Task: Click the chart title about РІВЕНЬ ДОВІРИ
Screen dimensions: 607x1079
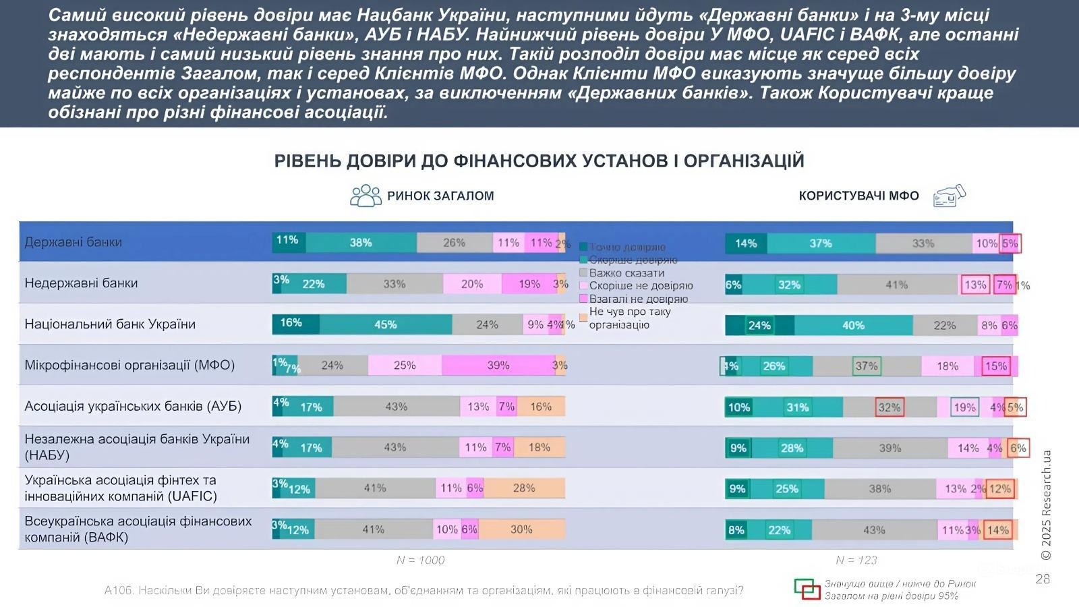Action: point(539,161)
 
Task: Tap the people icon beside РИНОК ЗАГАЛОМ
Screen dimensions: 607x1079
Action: point(366,196)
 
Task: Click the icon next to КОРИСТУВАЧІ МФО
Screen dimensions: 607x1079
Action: point(949,196)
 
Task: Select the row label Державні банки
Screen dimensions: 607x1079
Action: point(74,242)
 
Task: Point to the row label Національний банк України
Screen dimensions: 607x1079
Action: point(110,324)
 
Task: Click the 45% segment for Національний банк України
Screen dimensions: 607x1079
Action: point(385,324)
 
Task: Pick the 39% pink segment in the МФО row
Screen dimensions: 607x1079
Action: point(498,366)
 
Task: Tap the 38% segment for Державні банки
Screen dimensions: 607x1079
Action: point(361,243)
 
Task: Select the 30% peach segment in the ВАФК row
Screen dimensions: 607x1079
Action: point(521,529)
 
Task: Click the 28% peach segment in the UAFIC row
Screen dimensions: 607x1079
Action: point(524,488)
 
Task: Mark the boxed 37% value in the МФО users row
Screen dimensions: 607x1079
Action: point(866,366)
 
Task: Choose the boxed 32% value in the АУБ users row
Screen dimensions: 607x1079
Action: point(890,407)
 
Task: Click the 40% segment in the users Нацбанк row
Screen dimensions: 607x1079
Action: point(853,326)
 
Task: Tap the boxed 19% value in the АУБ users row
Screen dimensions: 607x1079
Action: point(964,407)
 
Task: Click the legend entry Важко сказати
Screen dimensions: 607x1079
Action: point(626,273)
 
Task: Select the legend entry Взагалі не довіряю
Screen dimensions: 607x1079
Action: point(638,299)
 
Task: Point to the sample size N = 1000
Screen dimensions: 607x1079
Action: point(420,560)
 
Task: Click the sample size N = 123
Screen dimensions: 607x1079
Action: point(856,560)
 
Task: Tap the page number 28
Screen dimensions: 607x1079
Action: point(1043,579)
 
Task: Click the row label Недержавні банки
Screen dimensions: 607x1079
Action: point(81,283)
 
